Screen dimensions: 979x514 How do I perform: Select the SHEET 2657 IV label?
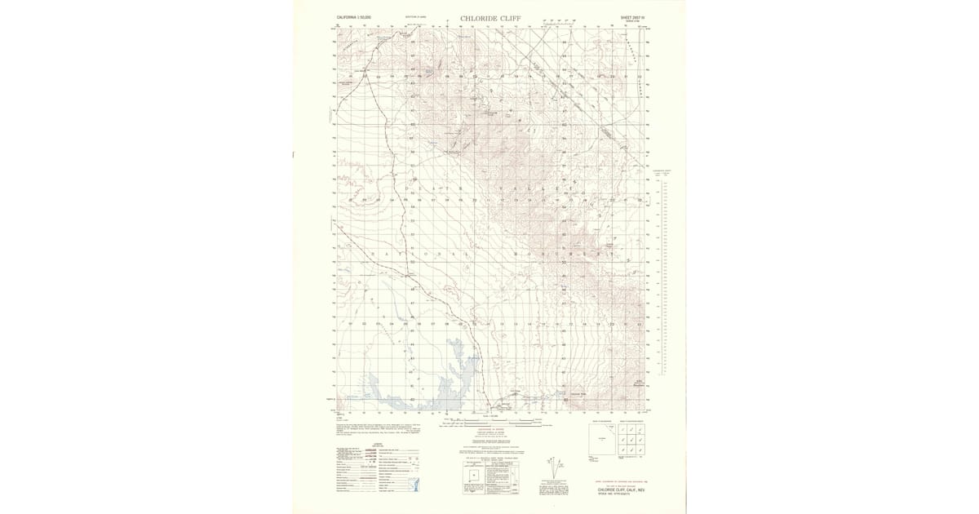click(x=633, y=17)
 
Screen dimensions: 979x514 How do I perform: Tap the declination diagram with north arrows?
click(x=556, y=472)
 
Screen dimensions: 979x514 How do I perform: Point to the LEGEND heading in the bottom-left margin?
click(x=378, y=445)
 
